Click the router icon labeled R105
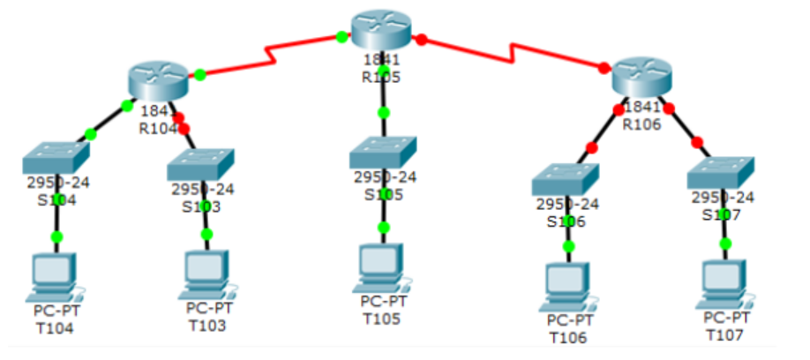pos(380,30)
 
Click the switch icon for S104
pos(56,156)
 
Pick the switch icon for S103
pos(201,164)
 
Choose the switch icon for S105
pos(383,152)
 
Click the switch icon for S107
pos(721,170)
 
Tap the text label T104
pos(55,329)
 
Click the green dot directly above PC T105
pos(383,227)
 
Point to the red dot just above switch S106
pos(591,147)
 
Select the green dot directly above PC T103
pos(206,234)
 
